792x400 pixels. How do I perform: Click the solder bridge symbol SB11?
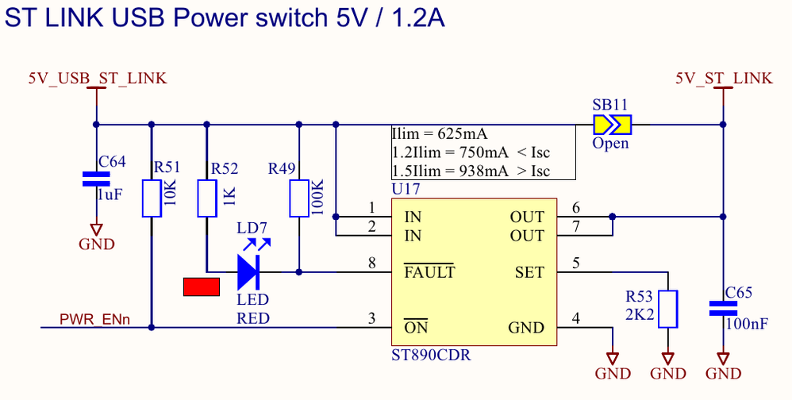pos(611,124)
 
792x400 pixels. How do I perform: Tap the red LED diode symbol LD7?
pos(248,272)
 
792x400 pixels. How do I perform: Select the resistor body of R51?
pos(151,198)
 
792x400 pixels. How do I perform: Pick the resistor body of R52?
pos(206,198)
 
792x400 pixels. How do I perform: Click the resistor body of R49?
pos(298,198)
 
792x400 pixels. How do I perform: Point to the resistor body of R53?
pos(668,309)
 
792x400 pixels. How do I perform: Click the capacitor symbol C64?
pos(96,179)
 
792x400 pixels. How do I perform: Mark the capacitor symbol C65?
pos(722,309)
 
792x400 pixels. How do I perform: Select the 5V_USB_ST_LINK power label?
pos(97,78)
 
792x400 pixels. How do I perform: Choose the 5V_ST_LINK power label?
pos(723,78)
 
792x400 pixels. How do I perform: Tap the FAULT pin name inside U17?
pos(429,272)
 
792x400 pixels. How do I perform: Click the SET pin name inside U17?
pos(529,272)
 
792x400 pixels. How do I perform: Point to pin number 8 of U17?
pos(371,263)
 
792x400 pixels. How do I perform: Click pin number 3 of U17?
pos(371,318)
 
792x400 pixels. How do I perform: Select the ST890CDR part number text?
pos(431,355)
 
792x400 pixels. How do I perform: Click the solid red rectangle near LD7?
pos(201,287)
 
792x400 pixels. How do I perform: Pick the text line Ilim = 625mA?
pos(440,133)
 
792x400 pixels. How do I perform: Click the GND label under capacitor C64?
pos(96,244)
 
